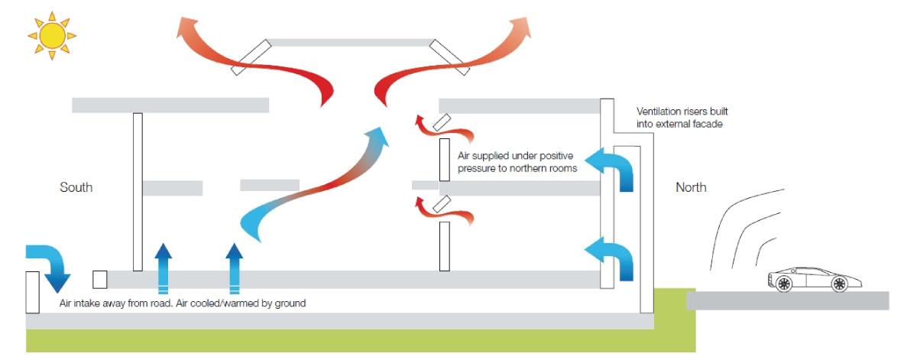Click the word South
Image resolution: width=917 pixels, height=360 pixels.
[x=76, y=187]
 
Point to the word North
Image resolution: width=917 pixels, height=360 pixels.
[x=691, y=187]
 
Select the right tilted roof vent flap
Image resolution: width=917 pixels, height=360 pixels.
[x=449, y=57]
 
